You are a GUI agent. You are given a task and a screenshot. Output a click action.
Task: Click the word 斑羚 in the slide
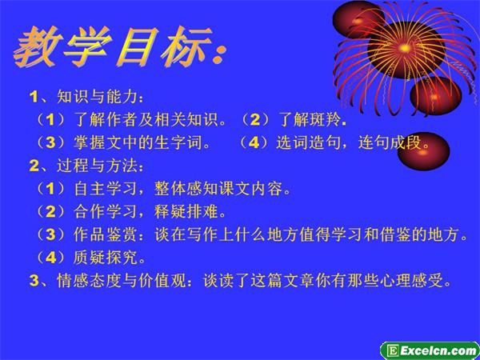click(x=326, y=120)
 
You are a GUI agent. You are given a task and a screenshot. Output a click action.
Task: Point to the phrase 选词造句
click(x=308, y=143)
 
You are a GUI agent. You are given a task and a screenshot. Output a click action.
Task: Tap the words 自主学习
click(x=105, y=189)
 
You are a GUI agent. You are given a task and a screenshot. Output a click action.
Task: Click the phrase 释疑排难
click(x=186, y=212)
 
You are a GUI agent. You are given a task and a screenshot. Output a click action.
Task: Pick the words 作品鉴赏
click(x=105, y=235)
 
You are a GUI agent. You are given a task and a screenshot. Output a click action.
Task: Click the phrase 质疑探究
click(x=105, y=258)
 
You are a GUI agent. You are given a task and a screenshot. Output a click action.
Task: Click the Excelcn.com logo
click(x=430, y=351)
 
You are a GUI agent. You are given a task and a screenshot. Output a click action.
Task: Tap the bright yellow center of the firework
click(x=405, y=48)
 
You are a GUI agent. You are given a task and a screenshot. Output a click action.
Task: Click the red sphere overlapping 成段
click(x=424, y=151)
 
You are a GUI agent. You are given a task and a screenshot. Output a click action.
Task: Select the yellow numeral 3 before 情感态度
click(x=34, y=282)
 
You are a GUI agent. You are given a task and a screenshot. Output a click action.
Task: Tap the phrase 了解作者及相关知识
click(x=145, y=120)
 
